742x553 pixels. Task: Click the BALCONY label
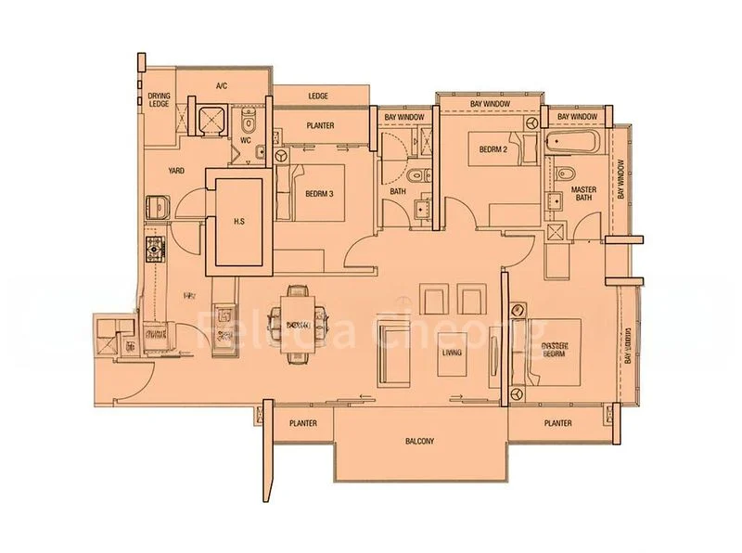[419, 441]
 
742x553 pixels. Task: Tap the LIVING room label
[452, 353]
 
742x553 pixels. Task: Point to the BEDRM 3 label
[319, 193]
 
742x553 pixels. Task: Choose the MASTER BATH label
[583, 193]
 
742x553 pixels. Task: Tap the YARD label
[176, 171]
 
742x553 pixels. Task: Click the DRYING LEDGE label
[160, 100]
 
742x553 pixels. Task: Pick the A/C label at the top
[222, 86]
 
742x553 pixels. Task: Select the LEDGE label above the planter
[319, 96]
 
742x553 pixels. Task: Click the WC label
[246, 141]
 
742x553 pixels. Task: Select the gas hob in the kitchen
[154, 249]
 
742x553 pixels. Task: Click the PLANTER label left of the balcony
[302, 423]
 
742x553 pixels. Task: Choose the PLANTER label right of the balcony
[557, 423]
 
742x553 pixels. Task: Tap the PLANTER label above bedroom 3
[320, 126]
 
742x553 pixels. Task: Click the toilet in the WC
[248, 124]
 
